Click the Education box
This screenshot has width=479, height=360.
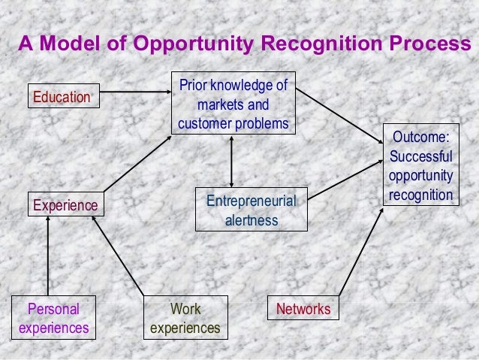(x=64, y=96)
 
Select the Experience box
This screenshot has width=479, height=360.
(x=64, y=204)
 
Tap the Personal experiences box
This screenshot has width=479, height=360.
(x=53, y=319)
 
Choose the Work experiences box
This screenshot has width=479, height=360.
(x=185, y=319)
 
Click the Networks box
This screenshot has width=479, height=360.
(x=303, y=309)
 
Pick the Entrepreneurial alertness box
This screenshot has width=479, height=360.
(x=251, y=209)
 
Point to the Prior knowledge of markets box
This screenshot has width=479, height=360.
(x=233, y=103)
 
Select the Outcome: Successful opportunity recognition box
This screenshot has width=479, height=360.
(x=421, y=165)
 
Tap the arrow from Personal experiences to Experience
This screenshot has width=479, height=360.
(x=47, y=255)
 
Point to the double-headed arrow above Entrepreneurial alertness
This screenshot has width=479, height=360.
(x=232, y=161)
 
